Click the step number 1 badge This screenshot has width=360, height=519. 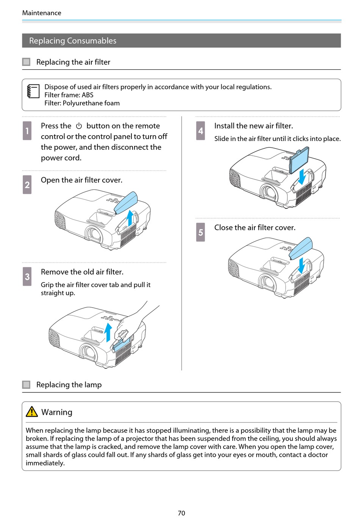click(27, 131)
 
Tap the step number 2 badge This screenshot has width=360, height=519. click(27, 185)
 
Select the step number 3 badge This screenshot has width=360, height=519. click(27, 277)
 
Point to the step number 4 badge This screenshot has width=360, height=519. click(200, 131)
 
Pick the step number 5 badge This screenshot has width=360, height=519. click(200, 232)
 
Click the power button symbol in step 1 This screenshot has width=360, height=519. click(79, 126)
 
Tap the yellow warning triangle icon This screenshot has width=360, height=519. click(32, 412)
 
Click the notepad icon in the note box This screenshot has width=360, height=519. click(33, 91)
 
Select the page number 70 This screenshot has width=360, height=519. click(182, 513)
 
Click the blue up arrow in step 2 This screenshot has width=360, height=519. click(130, 217)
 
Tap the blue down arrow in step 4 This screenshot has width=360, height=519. click(302, 177)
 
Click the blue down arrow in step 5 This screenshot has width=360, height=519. click(301, 265)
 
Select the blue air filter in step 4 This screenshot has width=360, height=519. click(299, 159)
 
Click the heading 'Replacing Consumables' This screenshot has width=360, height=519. click(73, 41)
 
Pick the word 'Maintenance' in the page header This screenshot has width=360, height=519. click(42, 13)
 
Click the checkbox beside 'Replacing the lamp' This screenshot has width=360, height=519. click(26, 385)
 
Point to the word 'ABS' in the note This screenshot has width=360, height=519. click(88, 95)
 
